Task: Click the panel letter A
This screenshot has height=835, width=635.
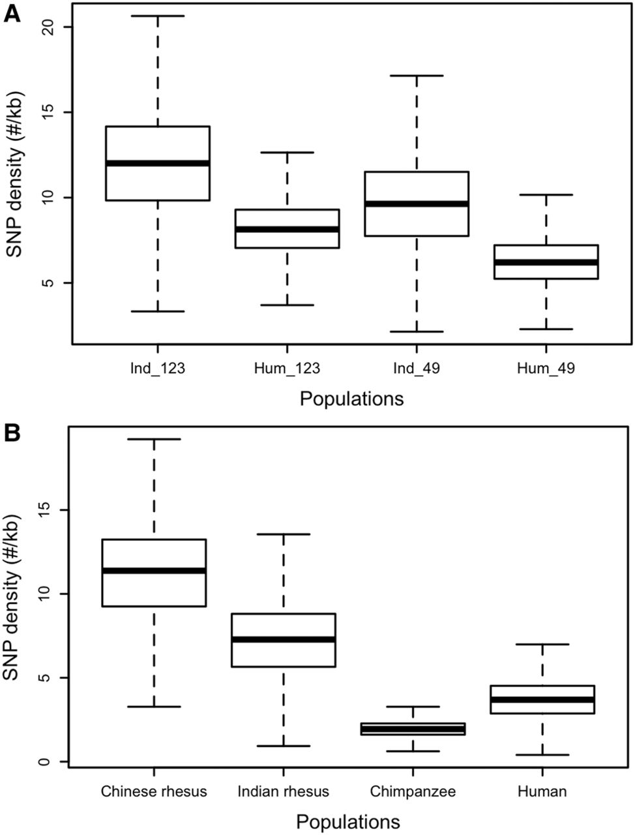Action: tap(12, 14)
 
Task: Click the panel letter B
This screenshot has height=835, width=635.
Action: tap(12, 434)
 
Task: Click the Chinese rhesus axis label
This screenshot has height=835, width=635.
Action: tap(154, 792)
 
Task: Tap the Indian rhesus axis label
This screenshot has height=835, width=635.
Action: tap(283, 792)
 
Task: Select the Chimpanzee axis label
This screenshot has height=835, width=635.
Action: tap(413, 792)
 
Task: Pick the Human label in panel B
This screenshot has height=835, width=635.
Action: tap(542, 792)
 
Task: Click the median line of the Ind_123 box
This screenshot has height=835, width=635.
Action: tap(157, 163)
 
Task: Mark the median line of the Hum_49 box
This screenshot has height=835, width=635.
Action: tap(546, 262)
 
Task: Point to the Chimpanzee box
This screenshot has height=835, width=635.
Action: tap(413, 728)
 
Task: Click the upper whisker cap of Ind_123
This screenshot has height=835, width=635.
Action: tap(157, 16)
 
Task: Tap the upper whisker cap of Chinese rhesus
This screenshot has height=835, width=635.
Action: tap(154, 439)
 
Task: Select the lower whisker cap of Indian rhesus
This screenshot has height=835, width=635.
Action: tap(283, 746)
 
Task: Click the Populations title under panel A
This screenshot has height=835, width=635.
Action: tap(351, 399)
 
